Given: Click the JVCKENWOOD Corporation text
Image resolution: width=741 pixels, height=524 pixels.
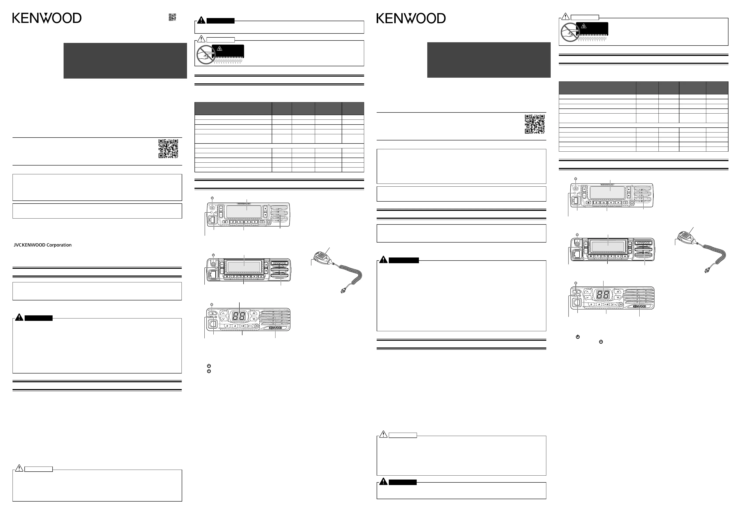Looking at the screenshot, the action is pyautogui.click(x=43, y=245).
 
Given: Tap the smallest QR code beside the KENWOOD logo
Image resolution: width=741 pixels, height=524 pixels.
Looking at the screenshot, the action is pyautogui.click(x=172, y=17).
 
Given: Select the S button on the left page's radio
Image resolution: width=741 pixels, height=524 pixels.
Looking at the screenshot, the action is pyautogui.click(x=227, y=326).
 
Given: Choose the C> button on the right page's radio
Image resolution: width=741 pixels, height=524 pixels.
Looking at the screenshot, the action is pyautogui.click(x=614, y=304).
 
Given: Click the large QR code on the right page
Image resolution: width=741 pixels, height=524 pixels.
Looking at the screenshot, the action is pyautogui.click(x=535, y=124).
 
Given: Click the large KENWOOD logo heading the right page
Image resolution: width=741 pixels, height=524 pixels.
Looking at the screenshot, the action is pyautogui.click(x=411, y=18).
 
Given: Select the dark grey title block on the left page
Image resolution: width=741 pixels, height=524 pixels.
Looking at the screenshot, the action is pyautogui.click(x=125, y=61).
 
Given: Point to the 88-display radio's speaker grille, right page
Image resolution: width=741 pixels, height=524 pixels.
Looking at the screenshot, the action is pyautogui.click(x=639, y=296).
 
